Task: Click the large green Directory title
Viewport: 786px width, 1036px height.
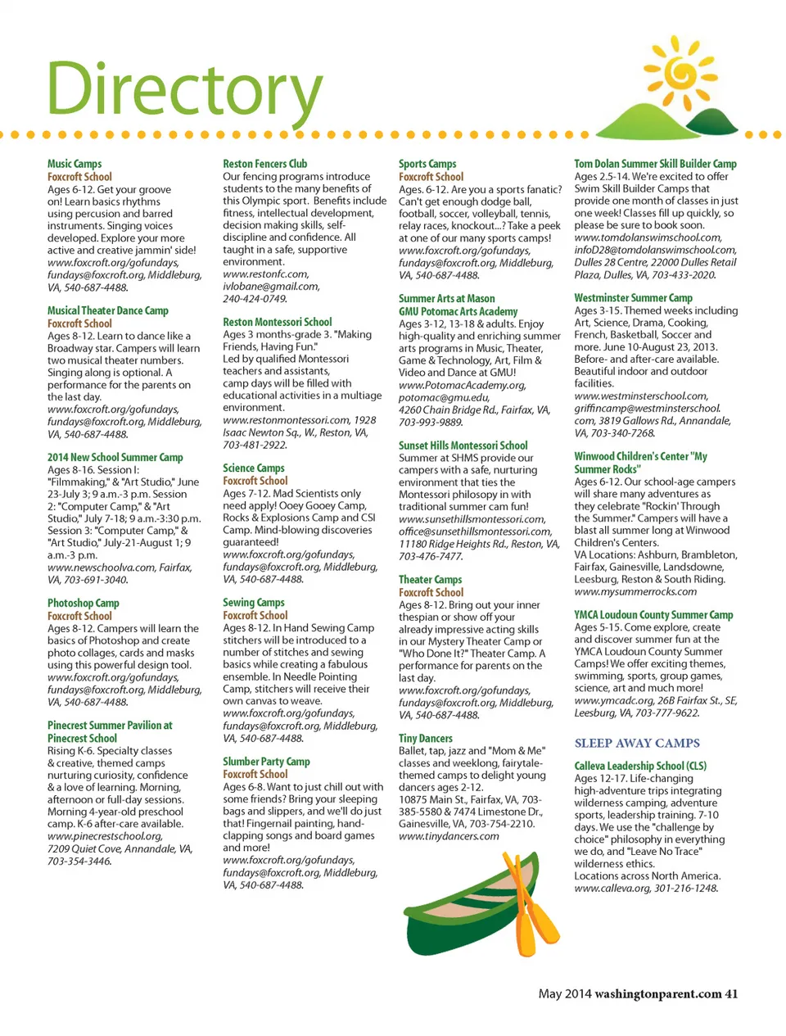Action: [x=184, y=90]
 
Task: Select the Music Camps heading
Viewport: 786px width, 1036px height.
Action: [x=75, y=164]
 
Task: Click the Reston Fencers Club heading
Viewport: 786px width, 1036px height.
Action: [x=264, y=164]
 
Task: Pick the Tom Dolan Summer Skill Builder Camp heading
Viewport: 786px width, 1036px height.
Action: [x=655, y=164]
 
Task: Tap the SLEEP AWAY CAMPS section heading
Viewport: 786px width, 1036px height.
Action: [x=637, y=743]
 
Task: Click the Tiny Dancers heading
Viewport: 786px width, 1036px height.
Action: [x=425, y=738]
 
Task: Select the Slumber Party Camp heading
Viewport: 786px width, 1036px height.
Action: [x=266, y=761]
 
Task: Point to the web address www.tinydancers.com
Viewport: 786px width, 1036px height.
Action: [x=449, y=836]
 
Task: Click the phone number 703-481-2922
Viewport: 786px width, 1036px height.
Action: [x=255, y=445]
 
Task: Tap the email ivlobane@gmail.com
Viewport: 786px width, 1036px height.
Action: [x=271, y=287]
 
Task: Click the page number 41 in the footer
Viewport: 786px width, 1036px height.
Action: [x=731, y=993]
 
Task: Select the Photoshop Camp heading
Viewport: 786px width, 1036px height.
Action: [x=83, y=603]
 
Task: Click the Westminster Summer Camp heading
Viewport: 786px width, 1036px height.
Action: [x=633, y=298]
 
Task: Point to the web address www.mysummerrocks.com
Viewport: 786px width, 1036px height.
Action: [x=635, y=591]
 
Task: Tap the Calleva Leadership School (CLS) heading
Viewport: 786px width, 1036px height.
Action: [x=639, y=766]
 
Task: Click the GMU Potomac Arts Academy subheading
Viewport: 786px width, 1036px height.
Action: [x=458, y=311]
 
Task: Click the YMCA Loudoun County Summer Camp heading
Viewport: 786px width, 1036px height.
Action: [x=653, y=614]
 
